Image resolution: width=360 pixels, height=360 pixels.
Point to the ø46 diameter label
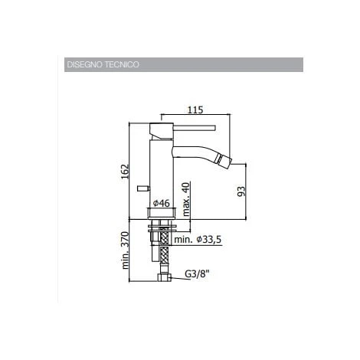coord(161,204)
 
